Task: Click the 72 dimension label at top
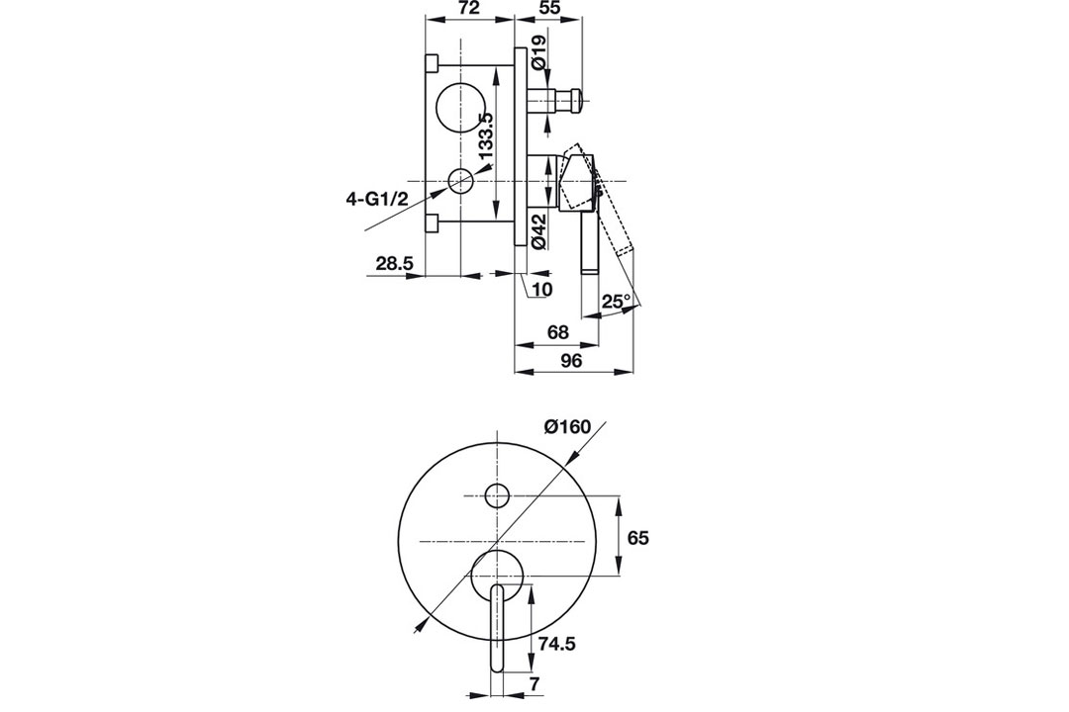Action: click(469, 8)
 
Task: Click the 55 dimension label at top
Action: click(549, 8)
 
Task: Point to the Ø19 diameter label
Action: click(538, 51)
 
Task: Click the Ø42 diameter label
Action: click(538, 231)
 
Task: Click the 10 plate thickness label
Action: click(542, 289)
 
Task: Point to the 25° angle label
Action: click(617, 301)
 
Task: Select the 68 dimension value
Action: click(557, 332)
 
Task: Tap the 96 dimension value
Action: click(571, 361)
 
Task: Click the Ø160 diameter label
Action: click(567, 427)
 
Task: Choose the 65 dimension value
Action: click(638, 538)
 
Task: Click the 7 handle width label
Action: click(534, 684)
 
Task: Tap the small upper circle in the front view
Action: click(497, 495)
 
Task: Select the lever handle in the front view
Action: click(498, 629)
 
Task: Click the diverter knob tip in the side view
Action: click(577, 101)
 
